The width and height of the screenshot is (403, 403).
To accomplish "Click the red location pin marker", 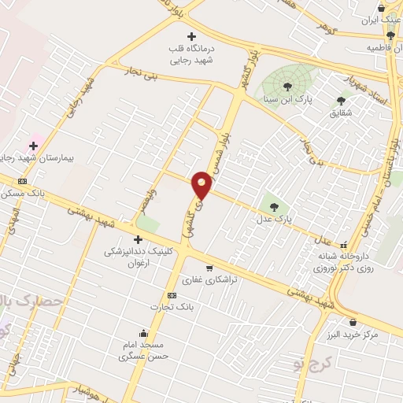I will tap(202, 185).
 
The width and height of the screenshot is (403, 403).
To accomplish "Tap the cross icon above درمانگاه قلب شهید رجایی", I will tap(191, 36).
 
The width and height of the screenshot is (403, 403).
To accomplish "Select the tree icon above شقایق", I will tap(341, 101).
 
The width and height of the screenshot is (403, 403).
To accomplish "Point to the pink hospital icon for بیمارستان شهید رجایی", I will tap(34, 145).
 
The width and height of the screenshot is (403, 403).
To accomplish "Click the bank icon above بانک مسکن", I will tap(22, 181).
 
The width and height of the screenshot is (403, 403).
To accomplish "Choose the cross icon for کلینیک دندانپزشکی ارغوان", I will tap(138, 239).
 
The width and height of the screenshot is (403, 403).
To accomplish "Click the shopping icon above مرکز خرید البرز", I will tap(352, 322).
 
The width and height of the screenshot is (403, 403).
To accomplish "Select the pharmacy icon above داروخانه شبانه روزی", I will tap(342, 244).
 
